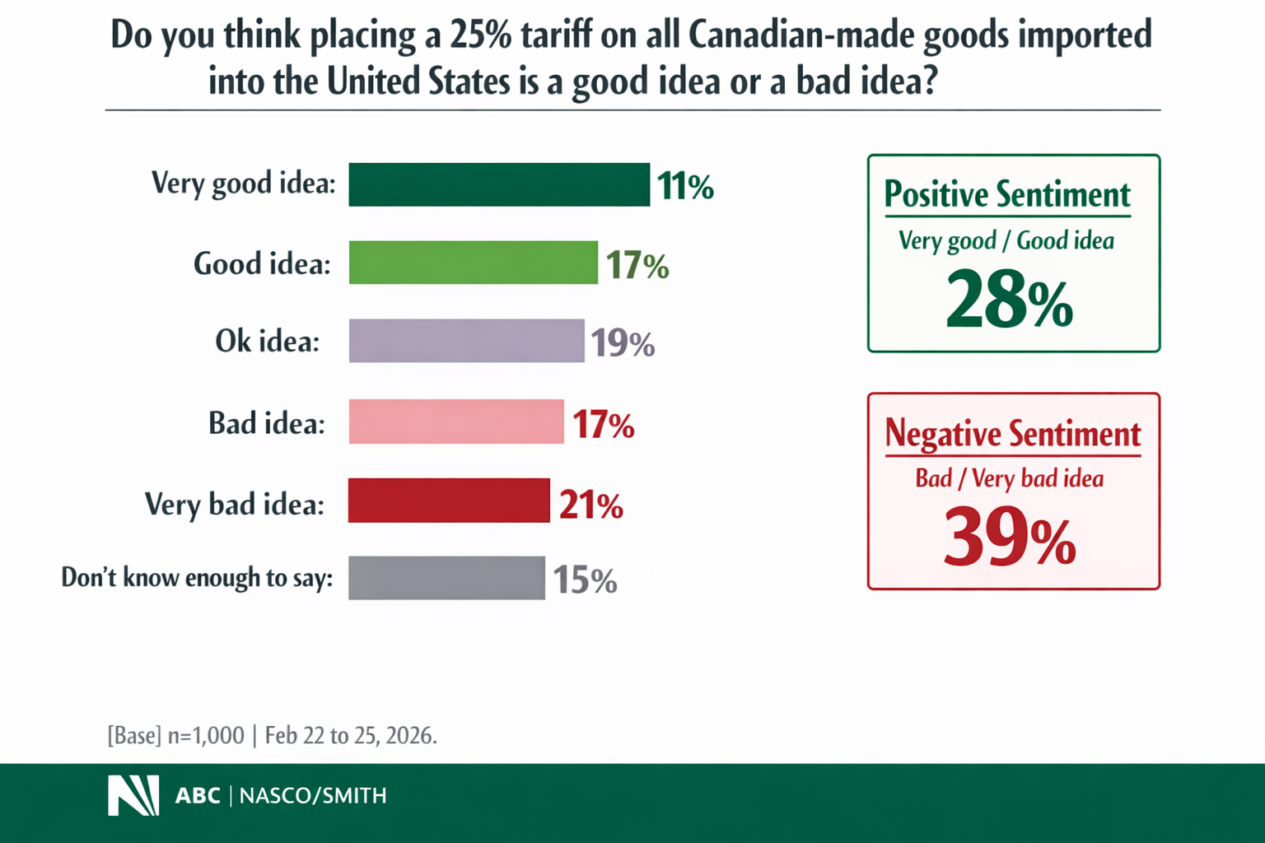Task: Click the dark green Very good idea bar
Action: coord(499,184)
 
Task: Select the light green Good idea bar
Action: coord(473,263)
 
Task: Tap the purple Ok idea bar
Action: coord(466,341)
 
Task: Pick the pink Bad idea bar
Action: coord(456,421)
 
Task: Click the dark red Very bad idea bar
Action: coord(449,501)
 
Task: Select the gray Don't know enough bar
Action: coord(446,578)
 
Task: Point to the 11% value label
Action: coord(684,186)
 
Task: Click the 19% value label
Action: coord(622,342)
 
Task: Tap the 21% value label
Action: coord(590,505)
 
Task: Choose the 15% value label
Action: coord(584,580)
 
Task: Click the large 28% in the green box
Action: coord(1010,300)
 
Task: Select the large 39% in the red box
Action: coord(1010,538)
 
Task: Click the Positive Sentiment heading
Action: coord(1007,195)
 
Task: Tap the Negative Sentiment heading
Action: coord(1012,433)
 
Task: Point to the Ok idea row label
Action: coord(267,341)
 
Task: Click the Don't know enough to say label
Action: coord(197,578)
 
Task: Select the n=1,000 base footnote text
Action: coord(206,735)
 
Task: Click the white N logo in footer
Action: coord(133,795)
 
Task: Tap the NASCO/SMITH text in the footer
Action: coord(313,795)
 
